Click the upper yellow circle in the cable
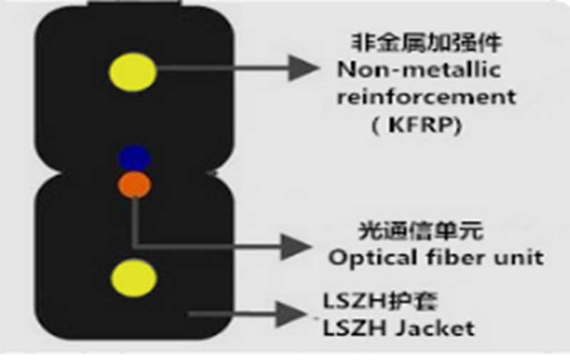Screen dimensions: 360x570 click(x=133, y=71)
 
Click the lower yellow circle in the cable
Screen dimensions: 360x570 click(x=133, y=277)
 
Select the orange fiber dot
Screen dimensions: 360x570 click(x=134, y=185)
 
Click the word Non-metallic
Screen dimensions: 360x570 click(x=419, y=70)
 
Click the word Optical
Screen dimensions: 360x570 click(x=368, y=257)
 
